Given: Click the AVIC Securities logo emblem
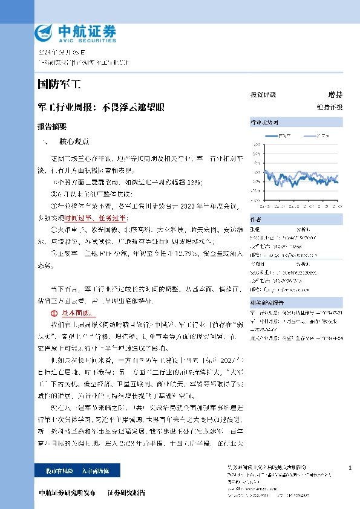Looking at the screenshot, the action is tap(45, 32).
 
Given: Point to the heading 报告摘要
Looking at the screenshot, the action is tap(51, 127).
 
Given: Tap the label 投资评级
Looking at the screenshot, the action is tap(263, 95).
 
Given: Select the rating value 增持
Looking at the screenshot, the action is tap(335, 95).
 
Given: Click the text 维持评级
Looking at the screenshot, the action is tap(329, 107).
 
